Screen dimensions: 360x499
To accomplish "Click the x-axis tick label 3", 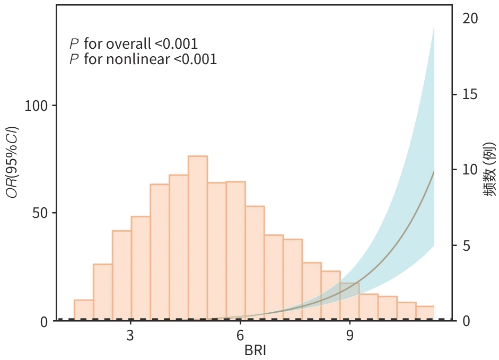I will point(130,336).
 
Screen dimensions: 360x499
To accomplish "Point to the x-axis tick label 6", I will point(240,336).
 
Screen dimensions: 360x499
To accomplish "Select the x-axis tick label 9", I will point(349,336).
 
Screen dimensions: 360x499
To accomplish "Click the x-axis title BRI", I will point(256,350).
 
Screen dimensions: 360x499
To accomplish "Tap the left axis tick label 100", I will point(37,106).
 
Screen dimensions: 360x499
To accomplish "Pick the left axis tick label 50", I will point(40,213).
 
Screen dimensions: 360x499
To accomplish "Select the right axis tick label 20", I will point(469,19).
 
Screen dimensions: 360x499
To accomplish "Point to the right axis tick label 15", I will point(469,94).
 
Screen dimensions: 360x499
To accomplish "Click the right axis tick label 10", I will point(469,170).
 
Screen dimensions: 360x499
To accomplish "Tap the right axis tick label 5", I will point(465,246).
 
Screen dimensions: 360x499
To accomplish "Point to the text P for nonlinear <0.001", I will point(143,59).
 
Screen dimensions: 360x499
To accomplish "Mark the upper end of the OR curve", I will point(434,170).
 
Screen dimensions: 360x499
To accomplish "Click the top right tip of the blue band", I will point(434,25).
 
